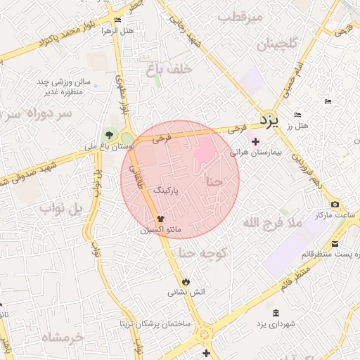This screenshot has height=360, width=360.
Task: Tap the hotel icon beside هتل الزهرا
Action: [x=117, y=20]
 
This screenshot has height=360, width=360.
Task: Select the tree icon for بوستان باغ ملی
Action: [x=108, y=135]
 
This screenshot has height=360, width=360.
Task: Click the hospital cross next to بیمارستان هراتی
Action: [x=255, y=141]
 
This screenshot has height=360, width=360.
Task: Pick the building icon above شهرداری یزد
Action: [x=274, y=312]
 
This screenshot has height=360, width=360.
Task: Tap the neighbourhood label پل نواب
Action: [x=61, y=208]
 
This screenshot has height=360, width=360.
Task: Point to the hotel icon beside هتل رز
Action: [x=297, y=115]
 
